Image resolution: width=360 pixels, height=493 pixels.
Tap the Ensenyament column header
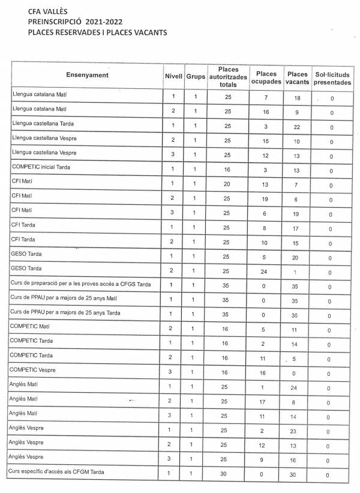87,75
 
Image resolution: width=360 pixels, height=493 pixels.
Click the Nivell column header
173,76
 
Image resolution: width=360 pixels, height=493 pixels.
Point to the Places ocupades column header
265,76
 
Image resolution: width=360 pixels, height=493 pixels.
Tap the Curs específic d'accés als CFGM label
58,472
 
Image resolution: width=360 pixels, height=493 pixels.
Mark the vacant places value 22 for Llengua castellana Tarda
296,126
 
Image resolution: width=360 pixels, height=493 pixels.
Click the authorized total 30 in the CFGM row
227,474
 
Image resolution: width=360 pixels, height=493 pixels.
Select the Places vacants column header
296,76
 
